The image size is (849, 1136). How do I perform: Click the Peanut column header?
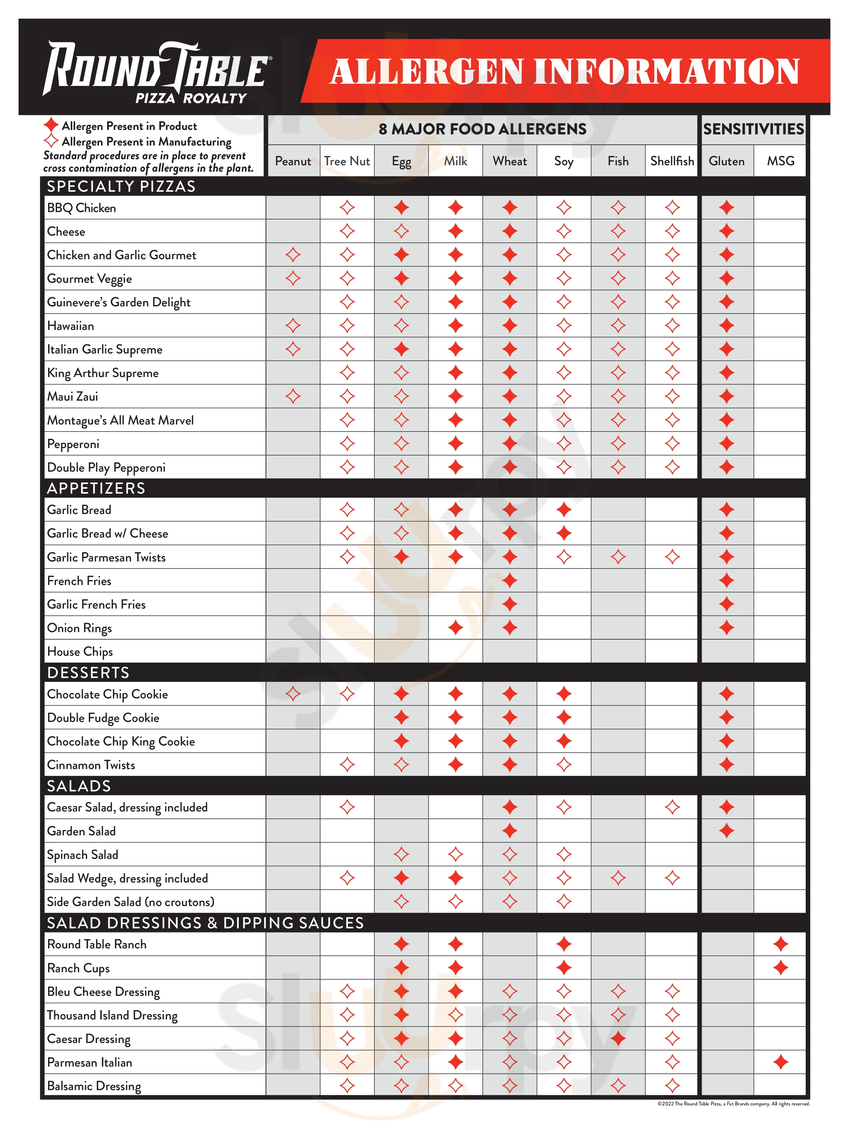293,161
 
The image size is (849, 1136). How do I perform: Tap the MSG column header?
780,161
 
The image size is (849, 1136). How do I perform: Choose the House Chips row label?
80,652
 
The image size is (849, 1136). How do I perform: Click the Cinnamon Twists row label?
91,765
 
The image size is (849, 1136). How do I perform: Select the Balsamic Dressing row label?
94,1086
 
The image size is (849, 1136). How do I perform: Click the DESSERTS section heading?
88,673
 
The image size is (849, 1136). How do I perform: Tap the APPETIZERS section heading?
96,489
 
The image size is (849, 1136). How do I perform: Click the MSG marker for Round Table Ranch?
780,944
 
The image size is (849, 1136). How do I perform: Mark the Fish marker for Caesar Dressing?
618,1039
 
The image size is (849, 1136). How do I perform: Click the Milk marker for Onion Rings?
455,628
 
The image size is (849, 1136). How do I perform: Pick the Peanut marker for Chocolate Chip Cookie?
293,694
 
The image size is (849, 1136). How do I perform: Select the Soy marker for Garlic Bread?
563,510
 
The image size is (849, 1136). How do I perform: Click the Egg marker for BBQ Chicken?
401,208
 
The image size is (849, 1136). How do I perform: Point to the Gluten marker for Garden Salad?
726,831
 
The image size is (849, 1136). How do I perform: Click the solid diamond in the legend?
51,125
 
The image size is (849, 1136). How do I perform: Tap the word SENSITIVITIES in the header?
753,129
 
